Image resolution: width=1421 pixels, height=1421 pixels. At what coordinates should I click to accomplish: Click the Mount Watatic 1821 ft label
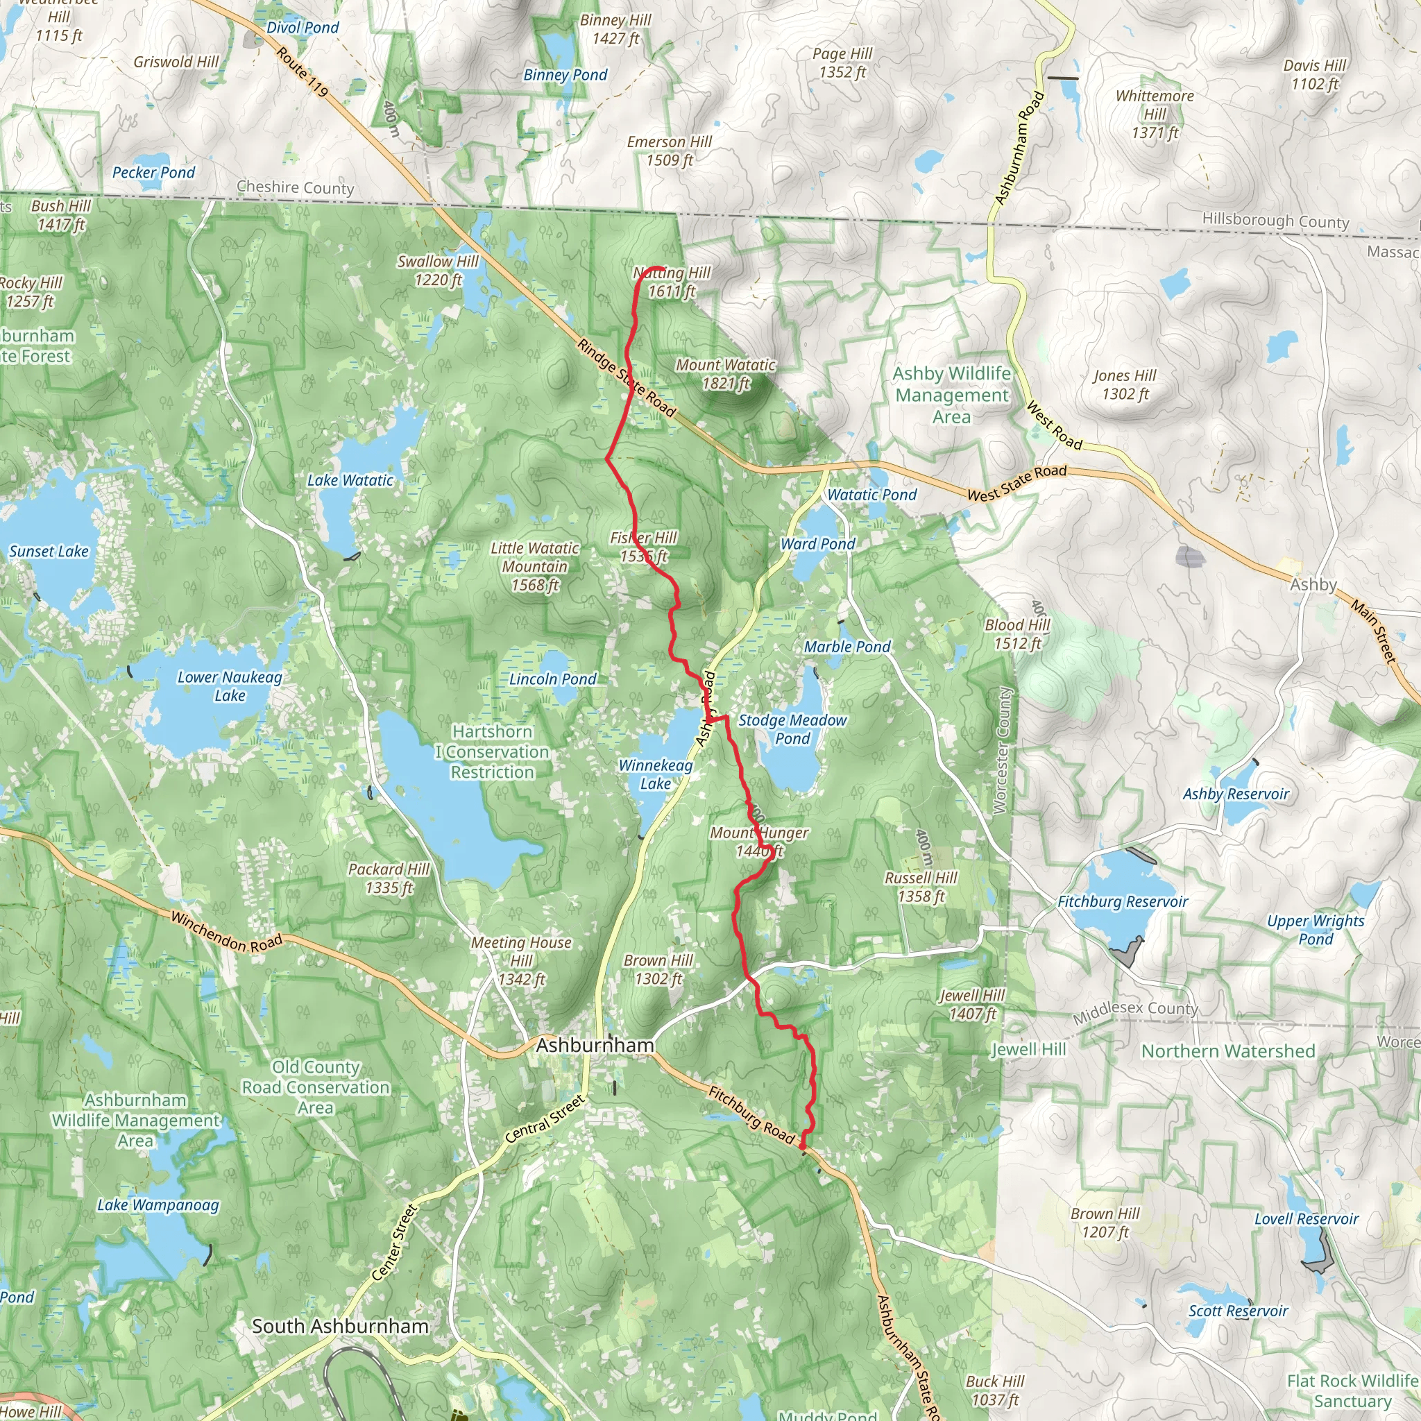[725, 374]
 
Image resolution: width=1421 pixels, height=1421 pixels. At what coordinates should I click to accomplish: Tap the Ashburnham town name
[595, 1045]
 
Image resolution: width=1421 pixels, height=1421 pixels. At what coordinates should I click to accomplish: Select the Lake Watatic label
[350, 480]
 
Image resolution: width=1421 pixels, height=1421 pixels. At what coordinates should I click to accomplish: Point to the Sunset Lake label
[49, 552]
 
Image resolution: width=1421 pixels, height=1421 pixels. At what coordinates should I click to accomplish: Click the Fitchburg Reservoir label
[1123, 902]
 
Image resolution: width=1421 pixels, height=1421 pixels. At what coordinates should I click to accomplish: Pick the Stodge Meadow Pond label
[792, 729]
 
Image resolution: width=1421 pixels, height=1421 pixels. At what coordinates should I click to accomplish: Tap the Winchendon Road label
[226, 932]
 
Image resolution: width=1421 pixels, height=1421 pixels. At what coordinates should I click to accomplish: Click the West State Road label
[1016, 483]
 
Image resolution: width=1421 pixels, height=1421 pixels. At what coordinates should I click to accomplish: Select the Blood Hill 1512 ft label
[1017, 634]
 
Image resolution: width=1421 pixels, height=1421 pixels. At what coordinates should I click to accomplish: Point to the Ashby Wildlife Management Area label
[952, 395]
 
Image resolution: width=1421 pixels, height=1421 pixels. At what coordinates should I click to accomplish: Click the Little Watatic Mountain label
[535, 566]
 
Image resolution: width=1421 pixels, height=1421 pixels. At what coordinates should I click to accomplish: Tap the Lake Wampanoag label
[158, 1205]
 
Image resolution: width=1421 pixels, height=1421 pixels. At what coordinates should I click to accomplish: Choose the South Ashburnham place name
[340, 1326]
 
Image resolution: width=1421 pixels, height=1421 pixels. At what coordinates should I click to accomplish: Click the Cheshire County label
[295, 187]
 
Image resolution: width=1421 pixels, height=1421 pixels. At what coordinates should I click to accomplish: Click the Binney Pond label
[565, 75]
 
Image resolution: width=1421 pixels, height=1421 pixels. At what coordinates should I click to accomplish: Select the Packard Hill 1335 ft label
[389, 878]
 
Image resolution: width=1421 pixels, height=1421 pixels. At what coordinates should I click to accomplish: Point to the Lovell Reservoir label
[1306, 1218]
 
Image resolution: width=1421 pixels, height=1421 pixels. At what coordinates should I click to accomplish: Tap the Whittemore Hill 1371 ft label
[1154, 114]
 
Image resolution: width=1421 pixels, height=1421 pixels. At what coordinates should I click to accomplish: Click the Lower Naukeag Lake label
[230, 686]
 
